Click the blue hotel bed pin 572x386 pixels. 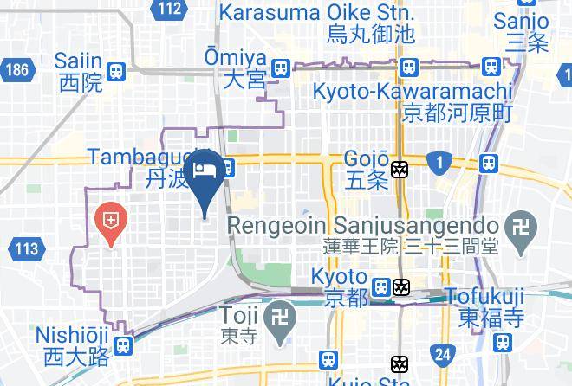[x=205, y=171]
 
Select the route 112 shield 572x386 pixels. [x=171, y=10]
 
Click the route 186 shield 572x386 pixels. [x=15, y=68]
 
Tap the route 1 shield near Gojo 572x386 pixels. [x=441, y=162]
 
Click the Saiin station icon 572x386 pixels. [x=116, y=71]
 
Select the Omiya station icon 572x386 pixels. [x=280, y=68]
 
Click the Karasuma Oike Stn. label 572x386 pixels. [x=316, y=14]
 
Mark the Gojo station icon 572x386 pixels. [x=400, y=170]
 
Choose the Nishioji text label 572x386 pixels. [x=74, y=334]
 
